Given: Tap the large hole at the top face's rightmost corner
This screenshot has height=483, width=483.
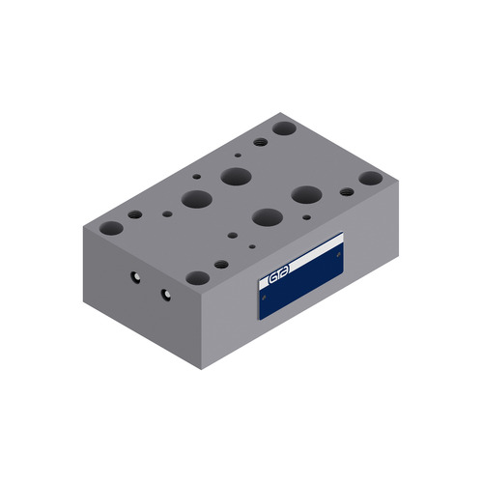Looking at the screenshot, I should pos(370,179).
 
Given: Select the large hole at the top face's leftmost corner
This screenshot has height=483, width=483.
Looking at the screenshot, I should pos(112,229).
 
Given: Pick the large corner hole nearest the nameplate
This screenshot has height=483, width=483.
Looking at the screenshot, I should pos(198,277).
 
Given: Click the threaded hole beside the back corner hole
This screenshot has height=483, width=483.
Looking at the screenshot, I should pos(260,141).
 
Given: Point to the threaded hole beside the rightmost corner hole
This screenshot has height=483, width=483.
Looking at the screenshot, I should pos(347,191).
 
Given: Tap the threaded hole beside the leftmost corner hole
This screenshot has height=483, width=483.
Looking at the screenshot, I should pos(135,214).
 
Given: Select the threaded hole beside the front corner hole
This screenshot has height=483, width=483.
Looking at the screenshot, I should pos(221,264).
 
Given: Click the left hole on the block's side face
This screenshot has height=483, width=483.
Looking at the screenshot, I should pos(135,278).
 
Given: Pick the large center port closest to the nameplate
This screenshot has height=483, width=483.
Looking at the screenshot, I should pos(269,215).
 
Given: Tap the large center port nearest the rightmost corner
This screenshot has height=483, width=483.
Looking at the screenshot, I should pos(307,194).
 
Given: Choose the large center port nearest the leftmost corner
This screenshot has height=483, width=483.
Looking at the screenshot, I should pos(196,199).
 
